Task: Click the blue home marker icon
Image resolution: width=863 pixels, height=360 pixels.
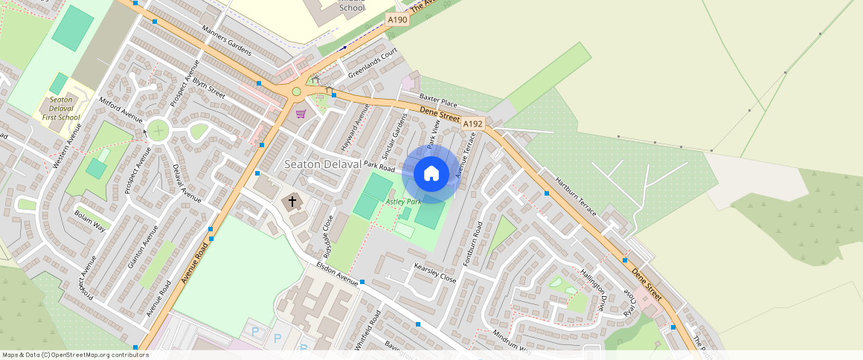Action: point(431,174)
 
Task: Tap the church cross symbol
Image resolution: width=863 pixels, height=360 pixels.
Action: point(292,202)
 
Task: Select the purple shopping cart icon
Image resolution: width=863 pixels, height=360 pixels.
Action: point(301,114)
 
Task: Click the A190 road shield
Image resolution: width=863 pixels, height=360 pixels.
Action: point(397,19)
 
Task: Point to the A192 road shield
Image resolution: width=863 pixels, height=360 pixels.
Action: point(473,124)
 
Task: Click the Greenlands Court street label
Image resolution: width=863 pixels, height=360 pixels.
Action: point(373,63)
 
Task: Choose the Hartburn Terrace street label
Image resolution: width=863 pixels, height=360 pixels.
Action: point(576,196)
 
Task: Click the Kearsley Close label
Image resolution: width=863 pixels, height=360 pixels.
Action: point(434,273)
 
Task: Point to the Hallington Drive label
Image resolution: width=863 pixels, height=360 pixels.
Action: point(592,290)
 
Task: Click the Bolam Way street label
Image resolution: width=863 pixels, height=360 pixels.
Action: point(90,219)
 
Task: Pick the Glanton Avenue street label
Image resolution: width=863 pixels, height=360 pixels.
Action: point(143,246)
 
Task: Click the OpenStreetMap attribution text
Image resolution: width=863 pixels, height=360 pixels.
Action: point(75,355)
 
